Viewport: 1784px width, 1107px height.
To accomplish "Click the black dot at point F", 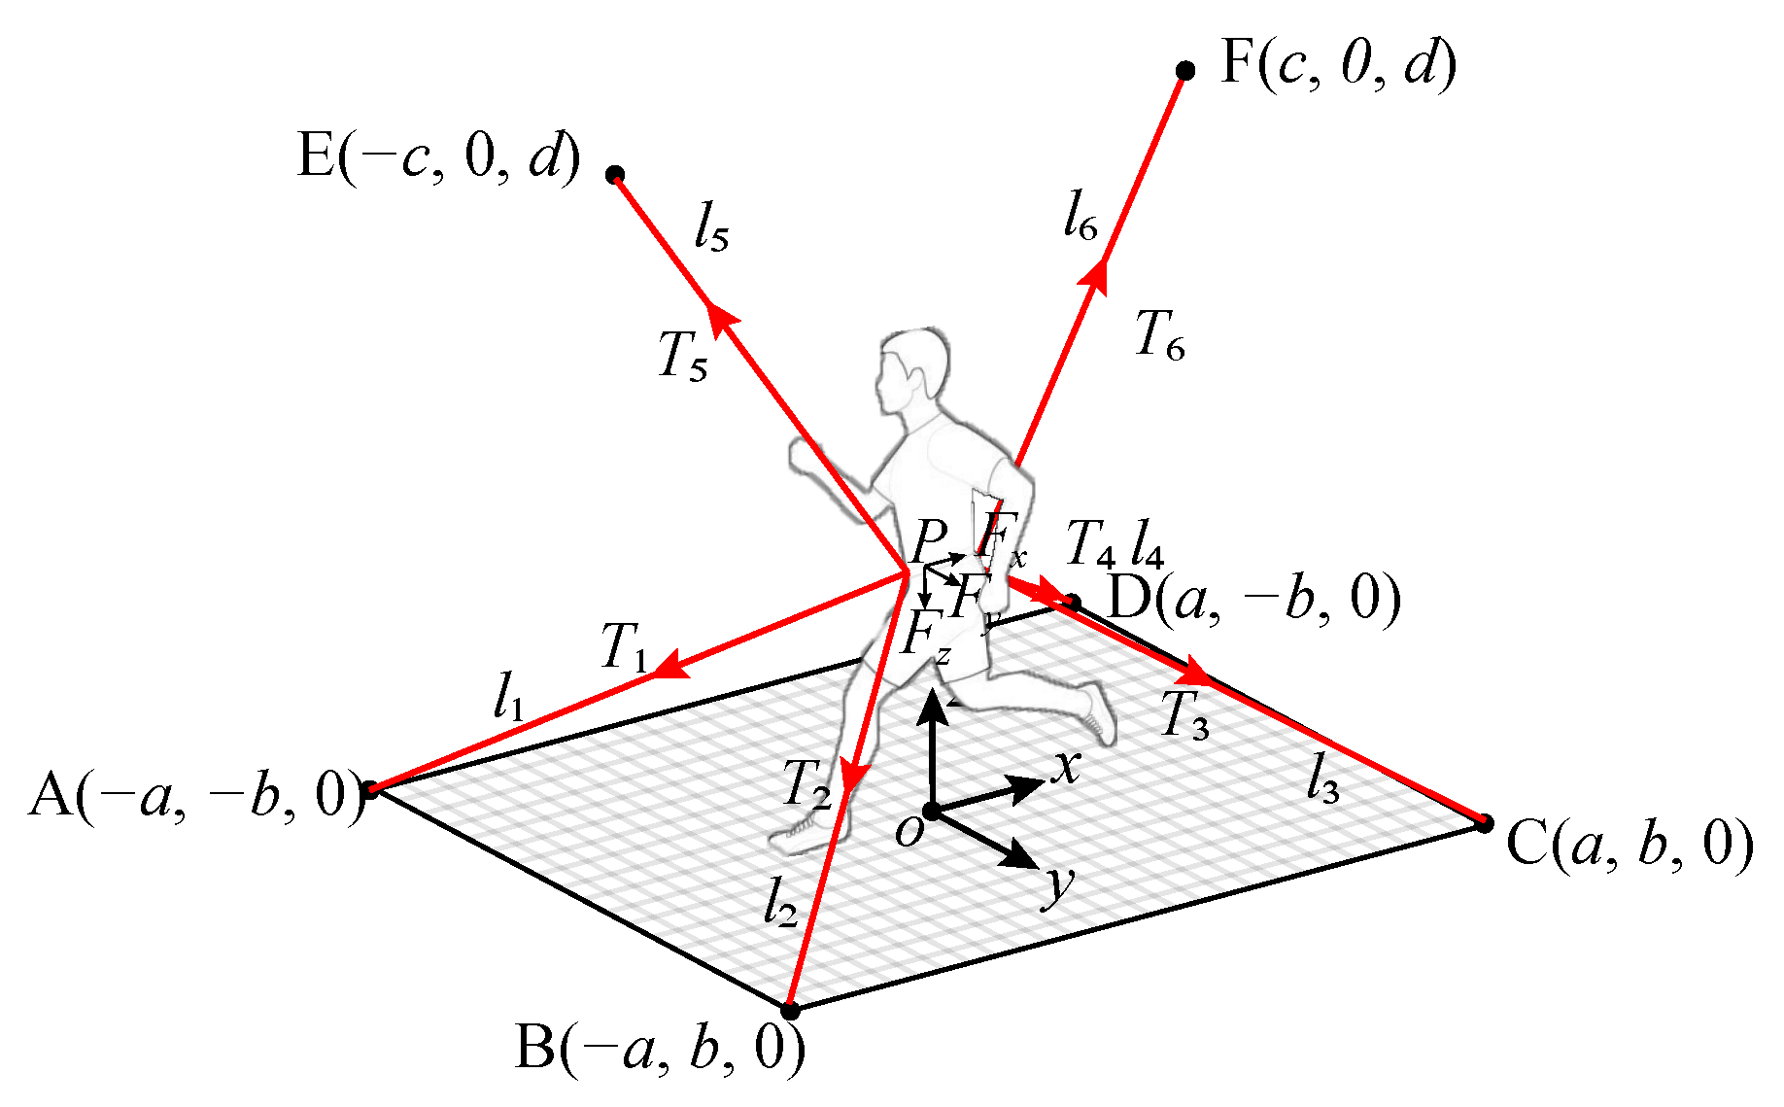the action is point(1185,70).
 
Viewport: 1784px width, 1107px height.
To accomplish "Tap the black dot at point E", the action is point(614,175).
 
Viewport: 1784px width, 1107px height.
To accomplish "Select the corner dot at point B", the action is point(791,1011).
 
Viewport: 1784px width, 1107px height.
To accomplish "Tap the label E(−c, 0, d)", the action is point(438,156).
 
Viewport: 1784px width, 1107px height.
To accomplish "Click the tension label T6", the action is point(1160,335).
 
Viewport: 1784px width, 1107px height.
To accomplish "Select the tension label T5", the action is point(683,355).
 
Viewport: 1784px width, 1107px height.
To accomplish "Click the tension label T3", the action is point(1185,716).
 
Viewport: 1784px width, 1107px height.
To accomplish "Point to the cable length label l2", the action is point(780,903).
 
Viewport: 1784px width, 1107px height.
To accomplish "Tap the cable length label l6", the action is point(1080,215).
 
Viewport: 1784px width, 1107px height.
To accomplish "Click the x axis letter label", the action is point(1066,767).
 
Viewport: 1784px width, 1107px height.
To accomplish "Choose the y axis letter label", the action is point(1058,885).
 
